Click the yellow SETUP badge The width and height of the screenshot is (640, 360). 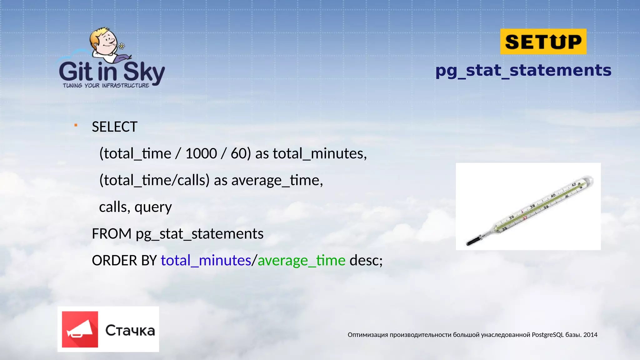pyautogui.click(x=543, y=42)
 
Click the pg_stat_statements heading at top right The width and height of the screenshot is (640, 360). pyautogui.click(x=523, y=71)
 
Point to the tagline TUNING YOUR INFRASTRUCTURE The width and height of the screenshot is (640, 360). pyautogui.click(x=106, y=86)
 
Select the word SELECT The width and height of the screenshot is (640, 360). pyautogui.click(x=114, y=127)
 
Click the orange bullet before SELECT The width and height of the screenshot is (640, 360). pyautogui.click(x=76, y=125)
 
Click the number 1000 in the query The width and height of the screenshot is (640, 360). pyautogui.click(x=201, y=153)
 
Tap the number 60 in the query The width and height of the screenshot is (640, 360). pyautogui.click(x=239, y=153)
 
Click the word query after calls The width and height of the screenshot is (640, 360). pyautogui.click(x=153, y=207)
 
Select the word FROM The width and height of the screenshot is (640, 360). pyautogui.click(x=112, y=234)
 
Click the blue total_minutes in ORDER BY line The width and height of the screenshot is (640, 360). pyautogui.click(x=206, y=260)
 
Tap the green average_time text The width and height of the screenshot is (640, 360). pyautogui.click(x=301, y=260)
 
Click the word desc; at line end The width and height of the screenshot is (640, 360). pyautogui.click(x=366, y=260)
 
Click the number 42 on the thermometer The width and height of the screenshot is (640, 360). pyautogui.click(x=574, y=185)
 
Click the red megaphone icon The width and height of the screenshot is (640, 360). pyautogui.click(x=80, y=329)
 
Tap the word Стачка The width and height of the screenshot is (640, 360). pyautogui.click(x=130, y=331)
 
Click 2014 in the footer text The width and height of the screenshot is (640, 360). pyautogui.click(x=590, y=335)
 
